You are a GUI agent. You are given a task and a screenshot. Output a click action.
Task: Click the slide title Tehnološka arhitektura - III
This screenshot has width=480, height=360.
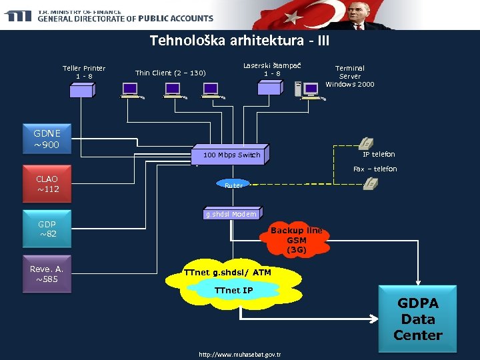[239, 41]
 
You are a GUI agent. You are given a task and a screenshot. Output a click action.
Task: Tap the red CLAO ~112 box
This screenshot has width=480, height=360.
[47, 184]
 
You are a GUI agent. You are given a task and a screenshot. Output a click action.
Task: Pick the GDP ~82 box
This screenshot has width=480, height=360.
[47, 229]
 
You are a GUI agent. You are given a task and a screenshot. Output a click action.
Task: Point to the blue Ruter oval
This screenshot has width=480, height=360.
[233, 185]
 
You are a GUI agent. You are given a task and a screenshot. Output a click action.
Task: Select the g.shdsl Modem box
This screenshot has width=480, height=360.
[231, 214]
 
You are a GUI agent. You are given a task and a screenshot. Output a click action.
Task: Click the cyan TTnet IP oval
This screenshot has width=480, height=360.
[233, 291]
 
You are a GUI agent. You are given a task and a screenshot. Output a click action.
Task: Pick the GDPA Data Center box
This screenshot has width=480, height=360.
[418, 319]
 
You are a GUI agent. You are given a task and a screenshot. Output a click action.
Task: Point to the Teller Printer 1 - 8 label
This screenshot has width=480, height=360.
[84, 72]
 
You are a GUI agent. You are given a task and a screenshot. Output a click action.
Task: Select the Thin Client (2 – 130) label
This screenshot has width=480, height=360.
[170, 73]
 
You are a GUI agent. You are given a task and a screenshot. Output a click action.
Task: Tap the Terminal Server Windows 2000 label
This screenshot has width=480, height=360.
[350, 76]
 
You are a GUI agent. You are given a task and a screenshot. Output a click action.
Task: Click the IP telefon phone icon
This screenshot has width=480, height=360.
[366, 143]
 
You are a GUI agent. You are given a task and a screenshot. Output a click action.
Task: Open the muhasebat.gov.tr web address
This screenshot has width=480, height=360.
[240, 354]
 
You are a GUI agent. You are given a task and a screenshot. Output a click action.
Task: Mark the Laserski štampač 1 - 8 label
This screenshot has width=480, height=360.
[271, 69]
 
